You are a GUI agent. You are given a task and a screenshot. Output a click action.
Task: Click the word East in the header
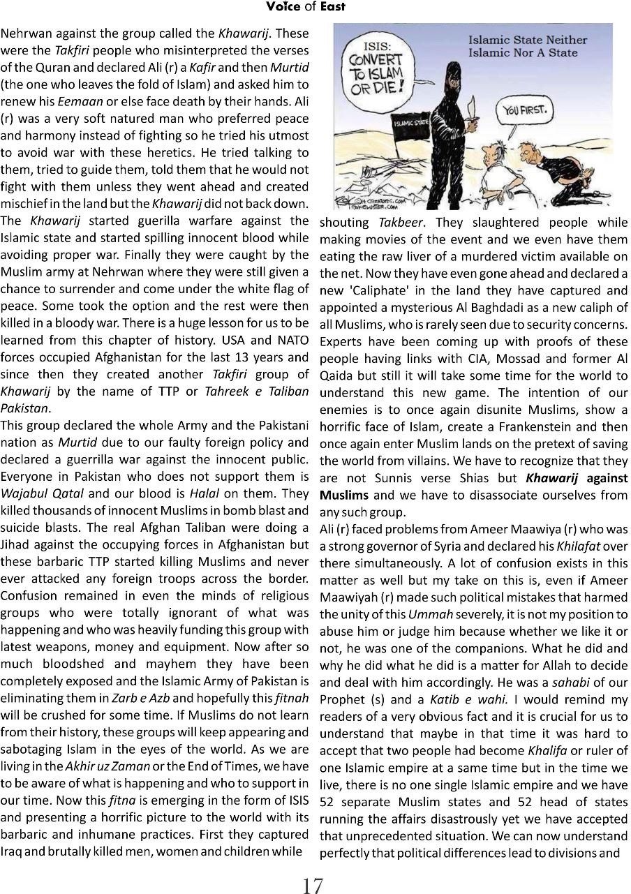tap(333, 8)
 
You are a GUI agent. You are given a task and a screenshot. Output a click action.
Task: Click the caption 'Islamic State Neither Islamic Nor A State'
tap(523, 47)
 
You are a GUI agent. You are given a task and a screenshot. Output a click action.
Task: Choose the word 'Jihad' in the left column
tap(15, 544)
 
